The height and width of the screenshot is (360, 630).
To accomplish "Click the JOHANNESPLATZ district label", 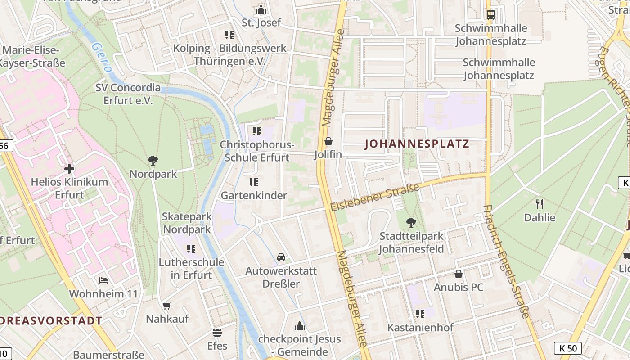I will (x=417, y=144).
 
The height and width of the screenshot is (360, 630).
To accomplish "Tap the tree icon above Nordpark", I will (x=153, y=161).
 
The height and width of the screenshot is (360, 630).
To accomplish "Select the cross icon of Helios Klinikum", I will (x=69, y=169).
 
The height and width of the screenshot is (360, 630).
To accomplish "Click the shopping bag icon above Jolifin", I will (x=328, y=142).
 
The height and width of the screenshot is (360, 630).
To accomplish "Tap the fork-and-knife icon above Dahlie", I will (x=540, y=204).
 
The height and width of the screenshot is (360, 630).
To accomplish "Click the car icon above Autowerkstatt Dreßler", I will (x=281, y=257).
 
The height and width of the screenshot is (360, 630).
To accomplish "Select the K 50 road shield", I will (x=567, y=348).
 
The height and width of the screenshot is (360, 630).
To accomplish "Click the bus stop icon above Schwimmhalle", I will (x=490, y=15).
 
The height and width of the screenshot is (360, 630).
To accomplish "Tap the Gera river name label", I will (x=101, y=58).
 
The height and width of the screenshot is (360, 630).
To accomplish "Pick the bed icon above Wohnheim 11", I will (x=103, y=280).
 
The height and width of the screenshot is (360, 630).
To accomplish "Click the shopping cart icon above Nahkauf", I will (x=167, y=306).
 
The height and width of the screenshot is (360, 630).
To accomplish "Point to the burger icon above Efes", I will (x=217, y=333).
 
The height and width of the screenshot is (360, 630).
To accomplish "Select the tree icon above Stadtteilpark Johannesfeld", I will (x=411, y=222).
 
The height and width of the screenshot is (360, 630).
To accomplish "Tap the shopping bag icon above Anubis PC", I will (x=459, y=274).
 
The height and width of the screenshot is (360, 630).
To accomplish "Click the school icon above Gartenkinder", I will (x=254, y=182).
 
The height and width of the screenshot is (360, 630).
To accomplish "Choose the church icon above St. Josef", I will (x=261, y=9).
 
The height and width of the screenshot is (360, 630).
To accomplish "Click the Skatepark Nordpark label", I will (x=187, y=223).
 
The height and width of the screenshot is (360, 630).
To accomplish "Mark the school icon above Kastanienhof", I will (x=420, y=314).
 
